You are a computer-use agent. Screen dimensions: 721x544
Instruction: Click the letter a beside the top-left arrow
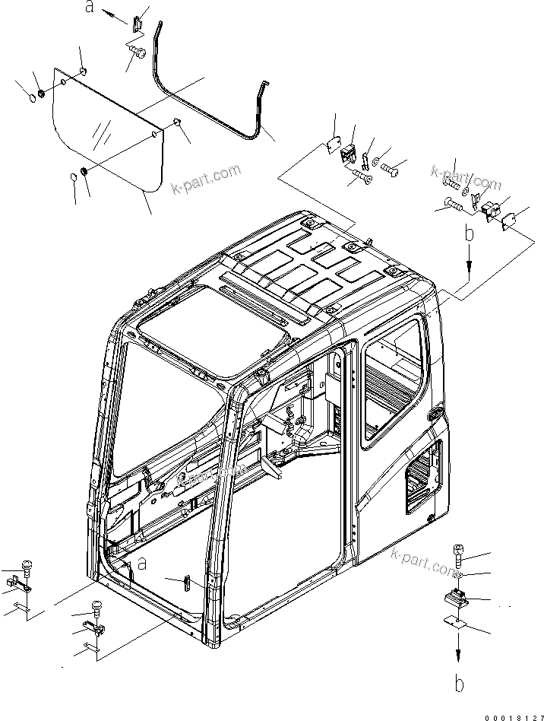[90, 8]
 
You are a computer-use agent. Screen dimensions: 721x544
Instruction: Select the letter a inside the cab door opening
[141, 564]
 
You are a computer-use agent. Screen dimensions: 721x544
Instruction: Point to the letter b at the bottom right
[459, 683]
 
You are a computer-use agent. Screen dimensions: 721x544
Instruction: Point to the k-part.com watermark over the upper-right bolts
[467, 176]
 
